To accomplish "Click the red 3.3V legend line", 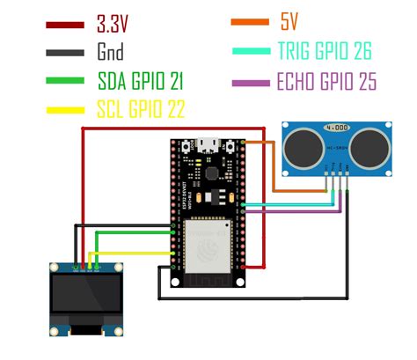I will point(66,26).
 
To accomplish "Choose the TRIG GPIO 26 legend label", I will point(324,53).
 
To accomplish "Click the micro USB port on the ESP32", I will point(209,143).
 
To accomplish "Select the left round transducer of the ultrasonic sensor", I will point(304,140).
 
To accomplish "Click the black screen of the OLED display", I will point(86,298).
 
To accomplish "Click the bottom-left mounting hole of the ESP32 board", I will point(177,283).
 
